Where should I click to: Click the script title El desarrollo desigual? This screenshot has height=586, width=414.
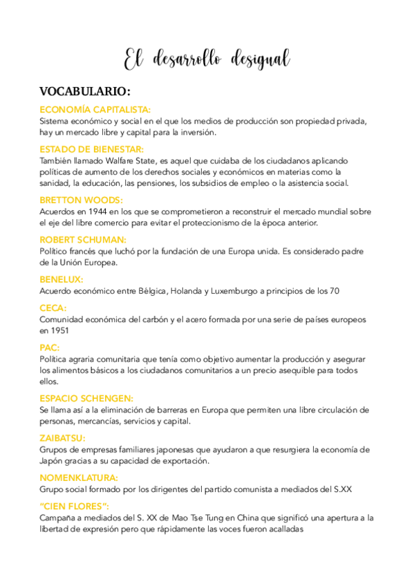click(x=207, y=60)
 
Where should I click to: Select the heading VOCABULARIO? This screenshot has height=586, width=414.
click(x=85, y=92)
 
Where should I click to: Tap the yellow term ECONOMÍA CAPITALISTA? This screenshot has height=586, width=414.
click(x=95, y=109)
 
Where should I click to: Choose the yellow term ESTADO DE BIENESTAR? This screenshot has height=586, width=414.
click(x=92, y=149)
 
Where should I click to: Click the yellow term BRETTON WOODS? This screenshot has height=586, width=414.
click(x=81, y=200)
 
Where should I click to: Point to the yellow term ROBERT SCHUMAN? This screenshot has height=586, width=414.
click(x=83, y=240)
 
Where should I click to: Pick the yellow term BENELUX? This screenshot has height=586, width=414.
click(x=62, y=279)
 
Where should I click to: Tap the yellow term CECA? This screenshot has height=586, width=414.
click(x=53, y=308)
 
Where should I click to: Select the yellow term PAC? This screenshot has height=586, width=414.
click(x=49, y=348)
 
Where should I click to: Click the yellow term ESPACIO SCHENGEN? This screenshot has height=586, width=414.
click(x=86, y=398)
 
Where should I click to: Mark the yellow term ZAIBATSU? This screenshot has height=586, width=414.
click(x=63, y=437)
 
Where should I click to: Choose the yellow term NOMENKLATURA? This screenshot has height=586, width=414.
click(x=79, y=478)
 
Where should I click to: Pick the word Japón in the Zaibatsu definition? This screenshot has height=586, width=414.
click(x=52, y=461)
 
